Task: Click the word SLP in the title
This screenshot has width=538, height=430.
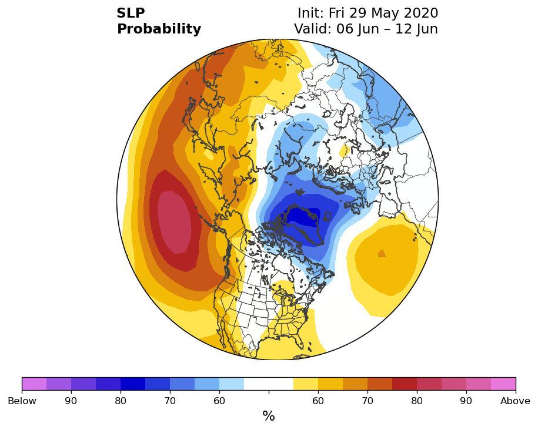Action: click(x=131, y=13)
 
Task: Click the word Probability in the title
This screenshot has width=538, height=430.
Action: click(x=159, y=29)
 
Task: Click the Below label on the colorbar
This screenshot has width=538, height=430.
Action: click(x=22, y=401)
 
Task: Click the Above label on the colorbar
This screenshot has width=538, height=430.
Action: click(x=515, y=401)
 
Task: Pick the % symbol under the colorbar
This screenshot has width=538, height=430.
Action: click(x=269, y=416)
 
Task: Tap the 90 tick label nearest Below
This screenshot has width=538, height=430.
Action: click(x=71, y=401)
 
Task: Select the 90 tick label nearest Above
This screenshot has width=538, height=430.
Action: click(x=466, y=401)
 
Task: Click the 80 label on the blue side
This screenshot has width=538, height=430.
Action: click(x=121, y=401)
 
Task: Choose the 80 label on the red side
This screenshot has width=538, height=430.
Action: click(x=417, y=401)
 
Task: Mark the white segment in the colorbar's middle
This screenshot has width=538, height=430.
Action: click(x=269, y=384)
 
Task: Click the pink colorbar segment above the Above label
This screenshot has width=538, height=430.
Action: click(x=503, y=384)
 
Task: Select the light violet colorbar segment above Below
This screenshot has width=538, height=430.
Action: click(x=34, y=384)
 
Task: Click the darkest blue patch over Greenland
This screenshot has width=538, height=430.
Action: click(x=305, y=217)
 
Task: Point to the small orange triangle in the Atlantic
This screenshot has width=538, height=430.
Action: click(x=382, y=253)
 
